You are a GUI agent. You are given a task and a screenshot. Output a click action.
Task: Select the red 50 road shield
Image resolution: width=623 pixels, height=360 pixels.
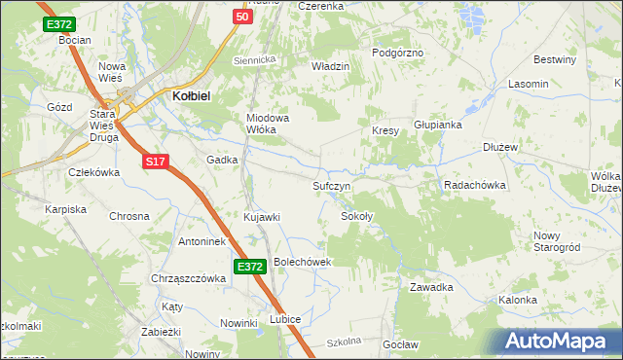[x=242, y=17]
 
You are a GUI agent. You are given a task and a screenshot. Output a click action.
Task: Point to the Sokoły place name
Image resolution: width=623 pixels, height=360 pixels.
[x=356, y=216]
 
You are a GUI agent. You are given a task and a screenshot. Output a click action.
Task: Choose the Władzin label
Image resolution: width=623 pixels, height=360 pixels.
[x=329, y=66]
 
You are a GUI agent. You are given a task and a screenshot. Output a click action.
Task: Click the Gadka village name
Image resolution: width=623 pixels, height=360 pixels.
[x=222, y=160]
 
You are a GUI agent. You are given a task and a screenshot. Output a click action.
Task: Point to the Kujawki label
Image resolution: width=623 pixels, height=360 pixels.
[x=262, y=216]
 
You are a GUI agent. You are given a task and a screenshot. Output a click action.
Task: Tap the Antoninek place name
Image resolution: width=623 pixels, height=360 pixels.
[x=202, y=240]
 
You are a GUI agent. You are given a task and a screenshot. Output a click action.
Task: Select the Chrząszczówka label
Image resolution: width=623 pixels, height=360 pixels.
[x=188, y=278]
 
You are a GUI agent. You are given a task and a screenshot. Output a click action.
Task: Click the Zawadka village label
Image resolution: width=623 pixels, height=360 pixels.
[x=432, y=287]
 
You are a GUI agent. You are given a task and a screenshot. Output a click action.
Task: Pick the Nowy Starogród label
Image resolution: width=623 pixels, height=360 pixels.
[x=558, y=241]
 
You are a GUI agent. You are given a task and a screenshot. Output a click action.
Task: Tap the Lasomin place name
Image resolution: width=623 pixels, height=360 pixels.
[x=528, y=85]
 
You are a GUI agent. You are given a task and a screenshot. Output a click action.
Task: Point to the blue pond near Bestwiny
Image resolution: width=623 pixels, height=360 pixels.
[x=471, y=15]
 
